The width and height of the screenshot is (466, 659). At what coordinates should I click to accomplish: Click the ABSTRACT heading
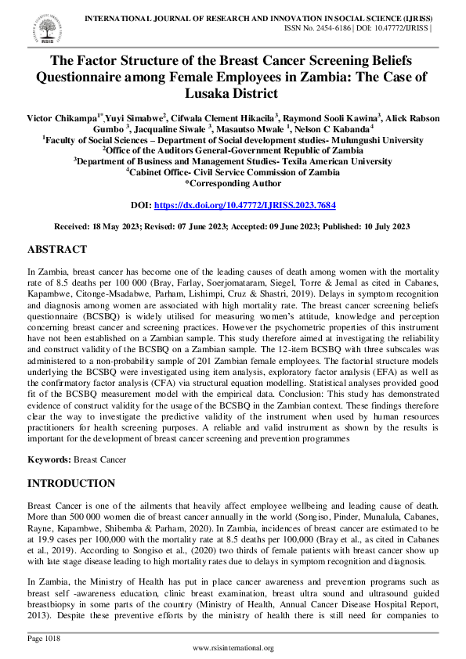[57, 250]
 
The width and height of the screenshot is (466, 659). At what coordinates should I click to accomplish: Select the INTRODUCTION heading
[71, 484]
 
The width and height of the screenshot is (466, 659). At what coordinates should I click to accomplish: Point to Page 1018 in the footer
[44, 639]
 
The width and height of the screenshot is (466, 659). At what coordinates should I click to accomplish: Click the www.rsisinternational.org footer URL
[233, 648]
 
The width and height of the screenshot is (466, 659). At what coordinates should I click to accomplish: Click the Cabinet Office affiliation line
[233, 171]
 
